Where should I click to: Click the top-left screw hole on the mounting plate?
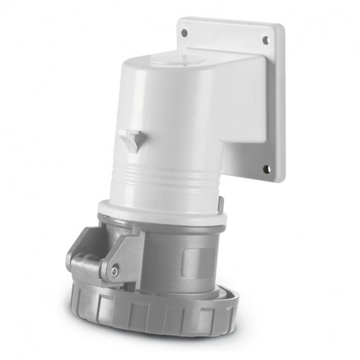pos(185,34)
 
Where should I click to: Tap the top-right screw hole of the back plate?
pos(265,39)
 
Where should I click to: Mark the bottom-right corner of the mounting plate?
pos(279,178)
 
